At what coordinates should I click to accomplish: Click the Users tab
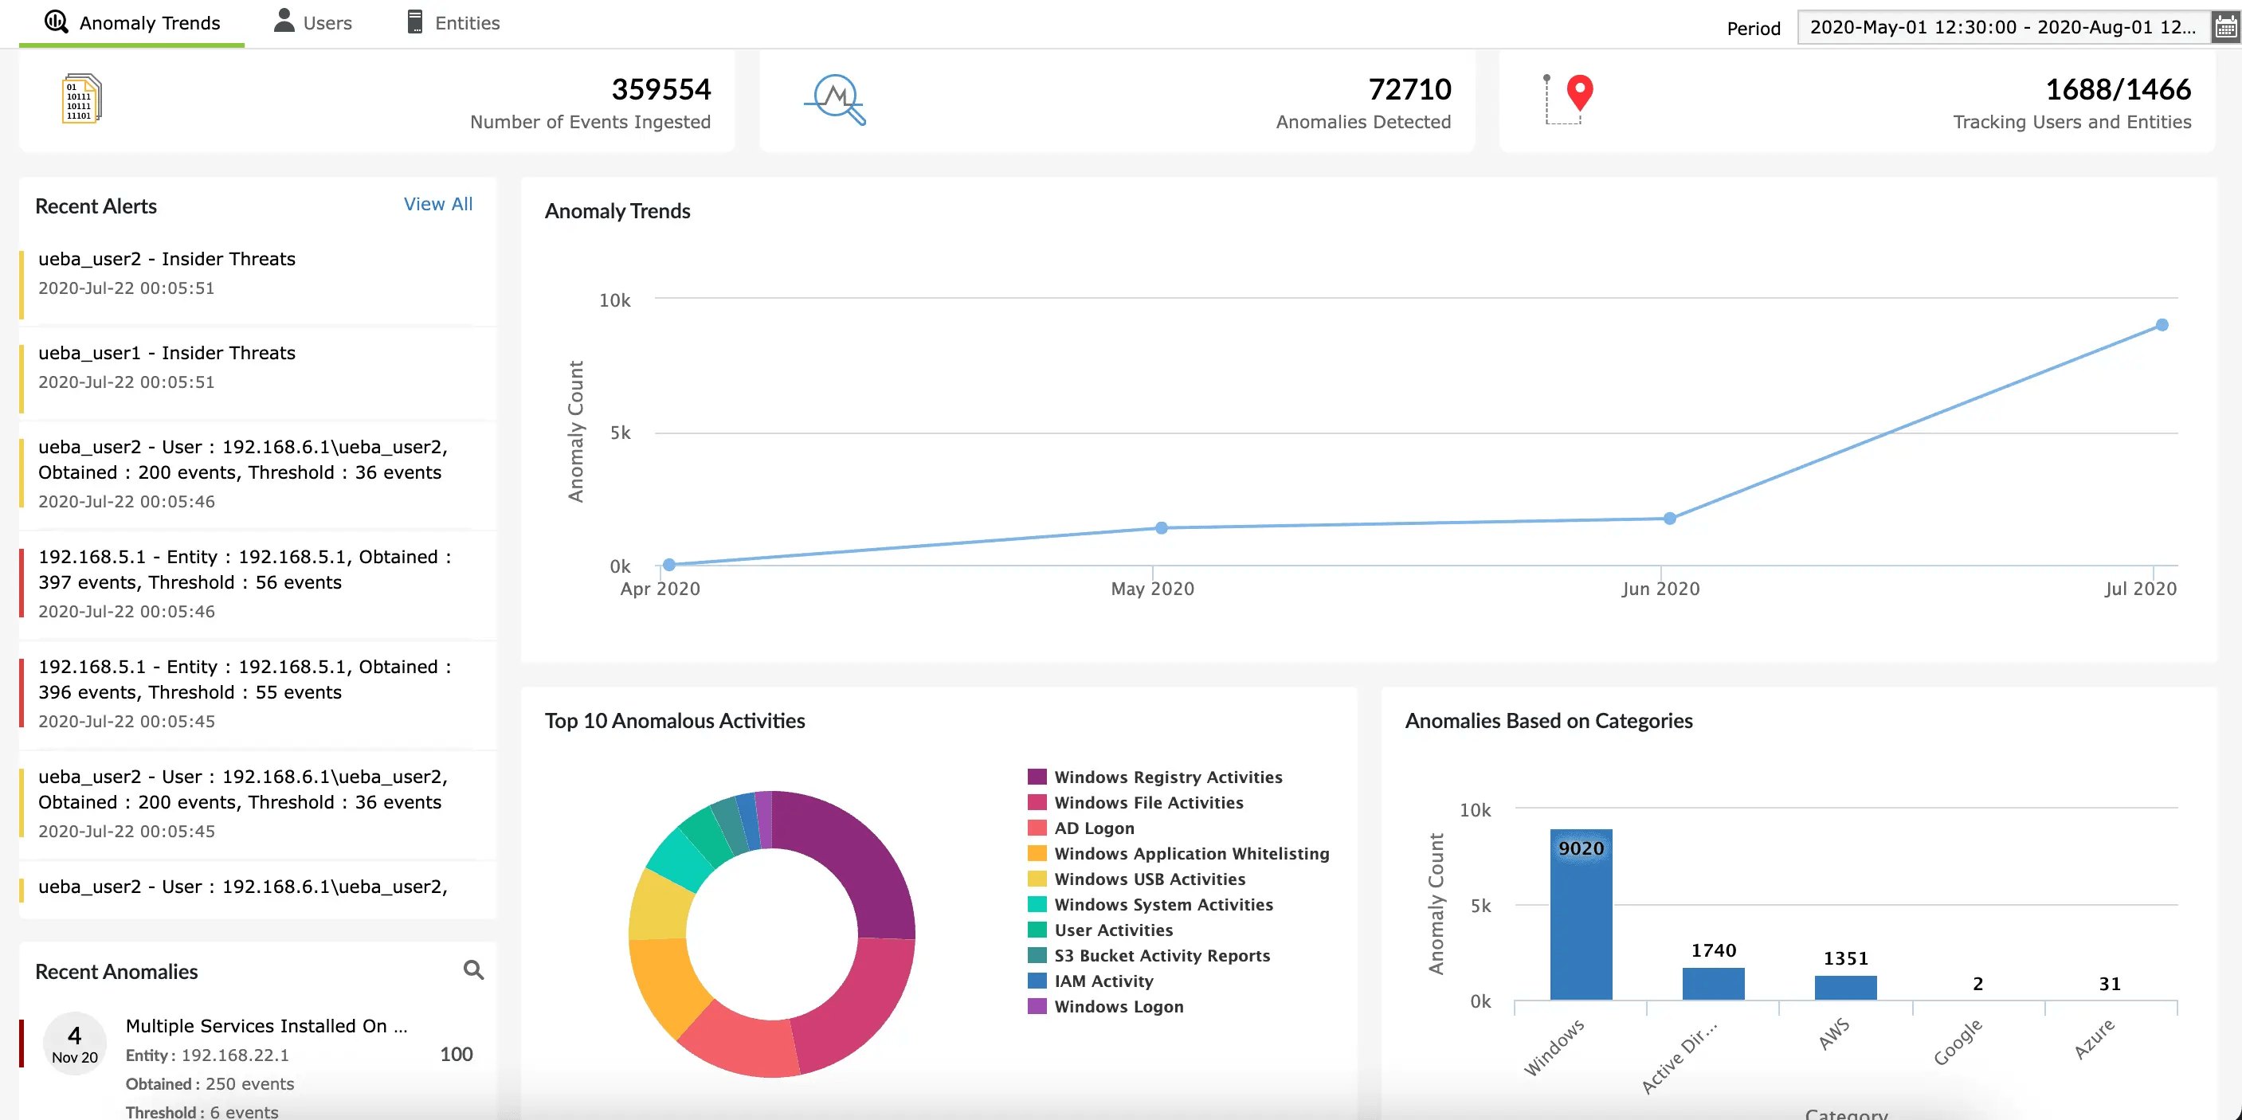(x=312, y=22)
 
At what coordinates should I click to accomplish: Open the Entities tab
(x=453, y=22)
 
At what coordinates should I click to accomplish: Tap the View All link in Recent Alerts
(x=437, y=204)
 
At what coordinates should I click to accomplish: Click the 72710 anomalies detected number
(x=1409, y=88)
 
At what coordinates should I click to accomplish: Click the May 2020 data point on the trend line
(x=1161, y=527)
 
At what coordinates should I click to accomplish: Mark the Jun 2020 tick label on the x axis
(x=1660, y=589)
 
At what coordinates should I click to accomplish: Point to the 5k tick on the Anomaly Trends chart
(x=620, y=433)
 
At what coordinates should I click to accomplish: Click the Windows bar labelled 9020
(x=1581, y=914)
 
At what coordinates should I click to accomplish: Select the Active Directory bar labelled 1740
(x=1713, y=983)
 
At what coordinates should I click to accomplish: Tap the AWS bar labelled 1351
(x=1845, y=988)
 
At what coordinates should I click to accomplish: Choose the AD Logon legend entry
(x=1081, y=828)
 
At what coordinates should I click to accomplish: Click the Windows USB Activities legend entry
(x=1136, y=879)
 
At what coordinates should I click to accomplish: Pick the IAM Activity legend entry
(x=1091, y=981)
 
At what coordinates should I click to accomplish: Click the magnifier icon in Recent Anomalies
(x=473, y=969)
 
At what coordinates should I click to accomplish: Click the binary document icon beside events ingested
(x=82, y=98)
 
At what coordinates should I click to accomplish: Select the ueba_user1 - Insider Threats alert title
(x=167, y=352)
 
